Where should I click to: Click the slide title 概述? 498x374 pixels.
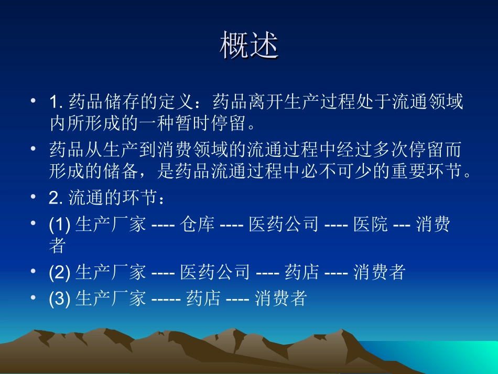click(249, 46)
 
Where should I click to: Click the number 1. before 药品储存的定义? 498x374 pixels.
click(56, 102)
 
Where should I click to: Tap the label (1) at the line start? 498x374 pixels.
click(60, 225)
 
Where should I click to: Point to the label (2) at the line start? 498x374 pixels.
click(60, 272)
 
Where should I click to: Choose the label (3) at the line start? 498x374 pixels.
click(60, 298)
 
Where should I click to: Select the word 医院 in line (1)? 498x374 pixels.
click(371, 225)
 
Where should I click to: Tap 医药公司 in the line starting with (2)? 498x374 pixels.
click(215, 272)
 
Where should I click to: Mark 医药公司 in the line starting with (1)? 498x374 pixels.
click(284, 225)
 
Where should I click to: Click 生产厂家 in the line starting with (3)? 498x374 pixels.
click(111, 298)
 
